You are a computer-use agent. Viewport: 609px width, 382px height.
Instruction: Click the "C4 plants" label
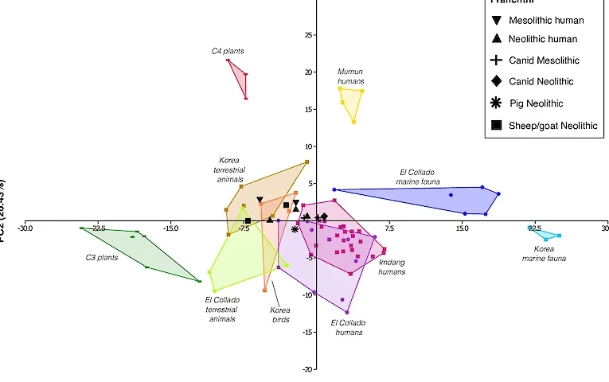coord(228,51)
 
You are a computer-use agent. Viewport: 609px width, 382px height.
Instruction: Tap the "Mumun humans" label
coord(351,76)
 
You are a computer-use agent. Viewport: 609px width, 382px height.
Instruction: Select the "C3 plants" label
coord(102,258)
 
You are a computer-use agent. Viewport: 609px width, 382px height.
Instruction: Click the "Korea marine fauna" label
coord(544,253)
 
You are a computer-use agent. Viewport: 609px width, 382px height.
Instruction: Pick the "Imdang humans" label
coord(392,267)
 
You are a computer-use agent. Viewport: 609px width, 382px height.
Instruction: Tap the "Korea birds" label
coord(279,314)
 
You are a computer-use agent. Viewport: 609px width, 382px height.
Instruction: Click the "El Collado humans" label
coord(347,327)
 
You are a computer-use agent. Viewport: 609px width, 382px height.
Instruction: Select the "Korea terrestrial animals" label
coord(232,170)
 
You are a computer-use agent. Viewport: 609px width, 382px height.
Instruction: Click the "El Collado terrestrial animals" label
coord(222,310)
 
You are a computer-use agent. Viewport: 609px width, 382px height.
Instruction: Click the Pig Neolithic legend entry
coord(536,103)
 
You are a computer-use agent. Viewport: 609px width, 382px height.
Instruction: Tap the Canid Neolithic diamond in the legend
coord(496,81)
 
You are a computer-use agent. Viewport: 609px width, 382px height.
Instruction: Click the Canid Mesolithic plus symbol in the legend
coord(496,60)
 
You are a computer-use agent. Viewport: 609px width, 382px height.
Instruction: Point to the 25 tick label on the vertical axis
coord(309,35)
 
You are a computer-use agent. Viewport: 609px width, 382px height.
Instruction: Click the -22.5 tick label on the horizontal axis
coord(99,228)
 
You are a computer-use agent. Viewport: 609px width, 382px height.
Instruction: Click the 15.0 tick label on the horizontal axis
coord(462,228)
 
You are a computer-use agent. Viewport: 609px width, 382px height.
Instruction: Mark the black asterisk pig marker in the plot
coord(295,229)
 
